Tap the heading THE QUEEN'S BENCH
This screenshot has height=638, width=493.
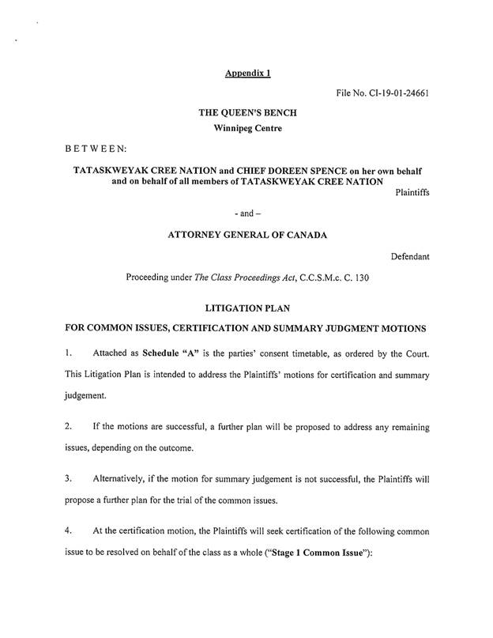(247, 113)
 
